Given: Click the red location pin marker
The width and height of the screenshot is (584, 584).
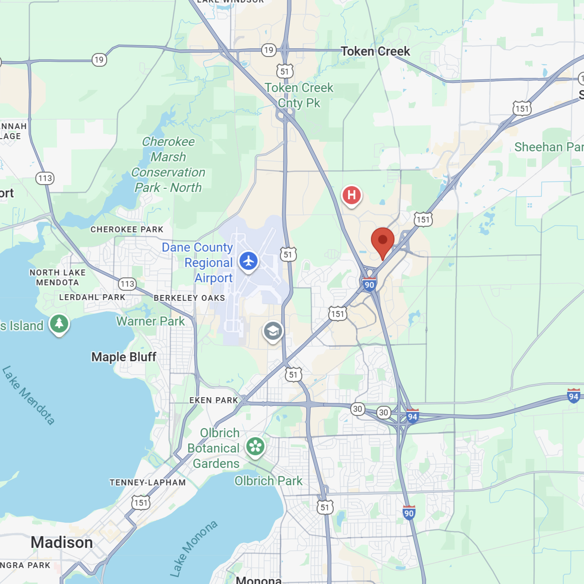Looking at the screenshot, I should point(382,241).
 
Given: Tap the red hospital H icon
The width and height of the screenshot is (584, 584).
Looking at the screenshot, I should point(351,196).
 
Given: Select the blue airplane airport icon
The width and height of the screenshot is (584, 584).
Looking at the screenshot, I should point(249,261).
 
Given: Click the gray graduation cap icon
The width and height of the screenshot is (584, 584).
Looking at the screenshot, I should point(273,331).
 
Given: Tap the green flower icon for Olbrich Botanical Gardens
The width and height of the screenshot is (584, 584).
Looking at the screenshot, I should point(255,447).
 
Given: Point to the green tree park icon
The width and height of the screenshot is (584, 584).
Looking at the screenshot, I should point(59,323).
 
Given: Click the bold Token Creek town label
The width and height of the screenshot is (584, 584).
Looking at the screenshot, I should point(375,52).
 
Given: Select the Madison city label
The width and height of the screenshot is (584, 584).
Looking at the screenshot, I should point(62,543).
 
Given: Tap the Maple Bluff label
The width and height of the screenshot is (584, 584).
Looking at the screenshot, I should point(123,357).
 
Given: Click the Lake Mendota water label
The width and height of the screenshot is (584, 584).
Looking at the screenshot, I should point(29,395).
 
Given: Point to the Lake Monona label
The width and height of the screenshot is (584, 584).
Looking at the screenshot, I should point(194,548).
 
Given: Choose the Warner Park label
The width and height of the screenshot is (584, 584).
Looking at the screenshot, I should point(150,321).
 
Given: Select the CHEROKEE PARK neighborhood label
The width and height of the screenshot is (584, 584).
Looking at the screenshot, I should point(127,229).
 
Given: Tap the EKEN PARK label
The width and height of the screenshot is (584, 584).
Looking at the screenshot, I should point(214,400).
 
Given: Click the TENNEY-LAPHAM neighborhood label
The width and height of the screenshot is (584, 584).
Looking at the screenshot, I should point(148,482).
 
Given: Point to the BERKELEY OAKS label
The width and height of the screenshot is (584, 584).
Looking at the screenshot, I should point(189,298).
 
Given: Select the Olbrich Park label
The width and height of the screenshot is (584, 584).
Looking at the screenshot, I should point(268,481).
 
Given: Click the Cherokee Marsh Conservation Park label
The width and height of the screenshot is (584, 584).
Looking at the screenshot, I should point(168,164).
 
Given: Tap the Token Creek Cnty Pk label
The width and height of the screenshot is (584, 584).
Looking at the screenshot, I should point(299,95).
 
